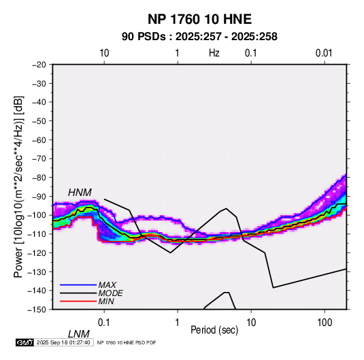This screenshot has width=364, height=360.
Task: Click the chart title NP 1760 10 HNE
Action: click(199, 19)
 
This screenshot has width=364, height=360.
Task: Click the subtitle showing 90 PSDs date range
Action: click(199, 37)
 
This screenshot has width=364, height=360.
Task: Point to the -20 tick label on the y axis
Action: click(39, 65)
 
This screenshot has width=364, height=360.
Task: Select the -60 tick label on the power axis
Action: click(39, 140)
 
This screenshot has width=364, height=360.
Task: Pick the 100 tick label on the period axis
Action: click(325, 323)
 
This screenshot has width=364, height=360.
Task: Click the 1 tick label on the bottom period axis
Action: click(178, 323)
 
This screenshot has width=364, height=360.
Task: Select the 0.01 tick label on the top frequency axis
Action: click(324, 53)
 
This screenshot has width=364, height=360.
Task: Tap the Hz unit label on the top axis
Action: click(214, 53)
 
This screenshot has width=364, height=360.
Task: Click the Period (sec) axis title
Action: click(214, 330)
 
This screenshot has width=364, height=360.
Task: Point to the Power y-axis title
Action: click(18, 187)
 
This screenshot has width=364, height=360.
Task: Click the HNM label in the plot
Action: click(80, 193)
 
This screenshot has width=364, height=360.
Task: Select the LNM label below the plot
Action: click(78, 334)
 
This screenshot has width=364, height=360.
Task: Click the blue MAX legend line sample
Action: click(78, 284)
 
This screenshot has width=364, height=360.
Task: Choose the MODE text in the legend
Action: click(110, 293)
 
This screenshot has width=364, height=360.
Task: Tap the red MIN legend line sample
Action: click(78, 301)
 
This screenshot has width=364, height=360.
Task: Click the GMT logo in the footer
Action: click(25, 342)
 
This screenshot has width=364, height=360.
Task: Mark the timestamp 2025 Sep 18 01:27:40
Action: click(63, 342)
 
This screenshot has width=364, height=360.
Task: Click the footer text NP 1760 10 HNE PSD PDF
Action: click(127, 342)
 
